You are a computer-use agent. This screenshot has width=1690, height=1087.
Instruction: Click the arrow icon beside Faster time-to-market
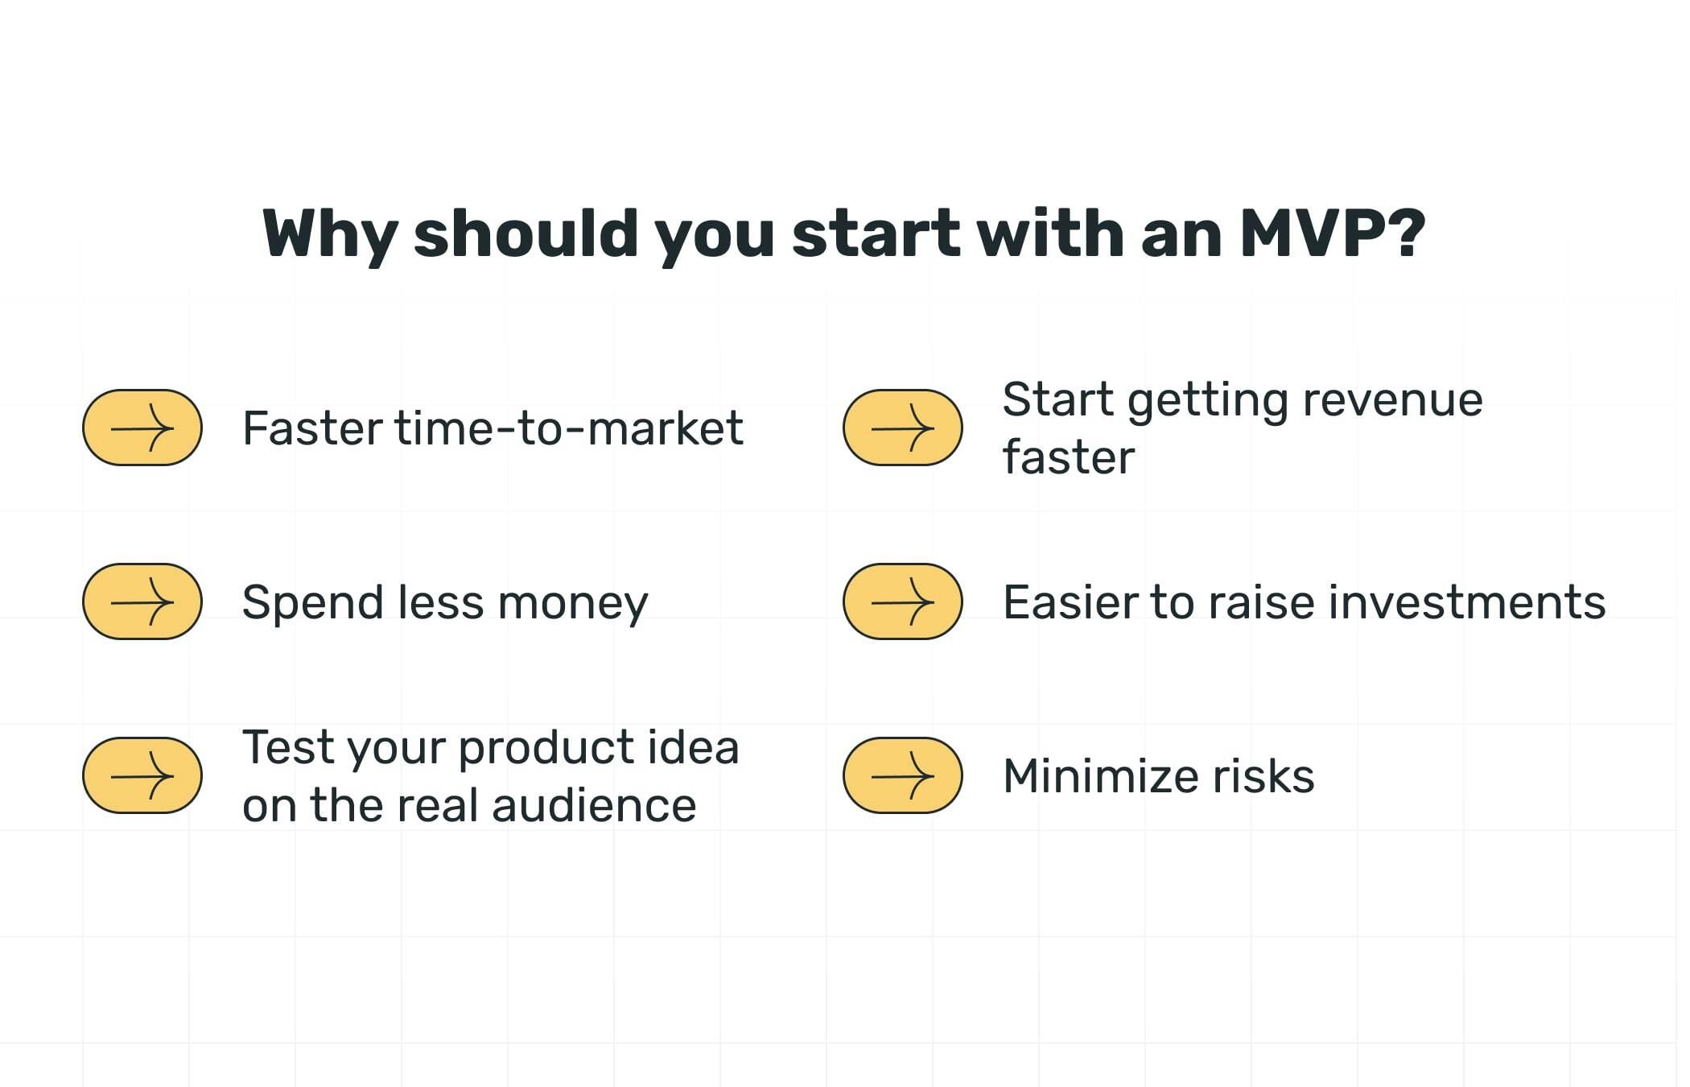coord(142,428)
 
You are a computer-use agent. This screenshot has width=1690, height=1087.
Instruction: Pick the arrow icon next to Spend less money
coord(142,601)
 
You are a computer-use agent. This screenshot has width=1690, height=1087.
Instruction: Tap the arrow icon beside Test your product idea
coord(142,775)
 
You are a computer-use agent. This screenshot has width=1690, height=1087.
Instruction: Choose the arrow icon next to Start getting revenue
coord(902,428)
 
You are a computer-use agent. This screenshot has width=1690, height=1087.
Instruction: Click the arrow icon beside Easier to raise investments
coord(902,601)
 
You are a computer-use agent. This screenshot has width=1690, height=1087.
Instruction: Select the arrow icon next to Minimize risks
coord(902,775)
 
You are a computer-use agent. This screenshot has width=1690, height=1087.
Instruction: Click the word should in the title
coord(526,234)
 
